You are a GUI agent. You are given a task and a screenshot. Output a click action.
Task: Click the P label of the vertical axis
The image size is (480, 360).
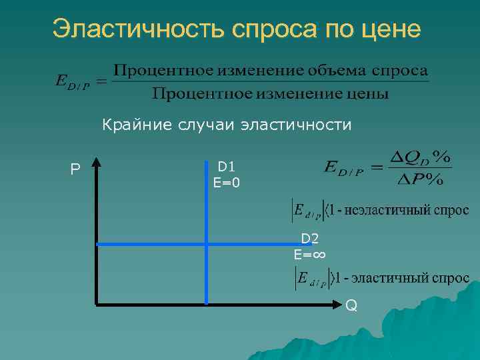[75, 170]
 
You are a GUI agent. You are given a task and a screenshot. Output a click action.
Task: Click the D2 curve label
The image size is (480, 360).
[309, 239]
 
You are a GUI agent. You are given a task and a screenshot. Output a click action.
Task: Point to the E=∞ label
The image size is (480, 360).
[309, 254]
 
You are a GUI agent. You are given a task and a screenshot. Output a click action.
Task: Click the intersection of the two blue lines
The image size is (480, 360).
[207, 245]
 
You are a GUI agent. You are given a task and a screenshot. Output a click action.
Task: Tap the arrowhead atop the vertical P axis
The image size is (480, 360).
[97, 162]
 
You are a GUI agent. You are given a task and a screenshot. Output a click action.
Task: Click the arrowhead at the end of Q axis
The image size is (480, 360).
[337, 305]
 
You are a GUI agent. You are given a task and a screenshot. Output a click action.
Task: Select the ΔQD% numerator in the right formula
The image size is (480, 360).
[420, 158]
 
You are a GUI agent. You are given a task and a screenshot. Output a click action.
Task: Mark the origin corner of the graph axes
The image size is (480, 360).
[97, 304]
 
